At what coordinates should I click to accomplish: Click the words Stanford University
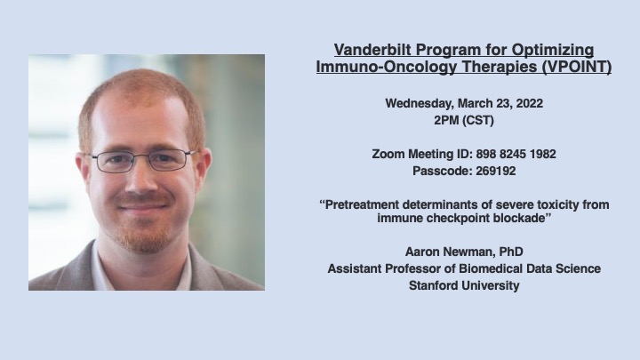[463, 285]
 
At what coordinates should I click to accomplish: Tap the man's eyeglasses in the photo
[141, 162]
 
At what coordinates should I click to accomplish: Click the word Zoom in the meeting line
[387, 154]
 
